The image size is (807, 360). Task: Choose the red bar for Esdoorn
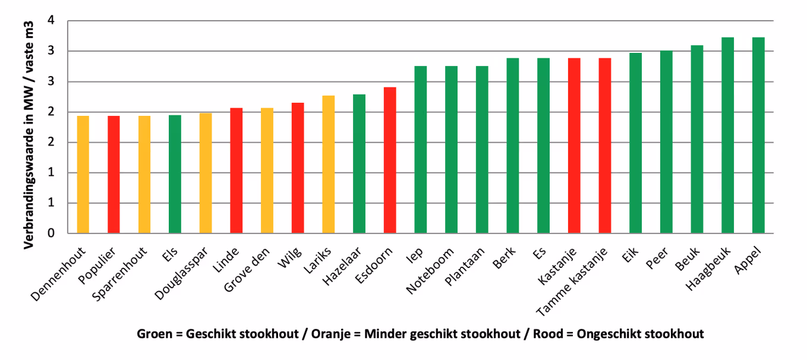389,160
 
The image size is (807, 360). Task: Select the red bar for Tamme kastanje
604,146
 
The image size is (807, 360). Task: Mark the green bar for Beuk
696,139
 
